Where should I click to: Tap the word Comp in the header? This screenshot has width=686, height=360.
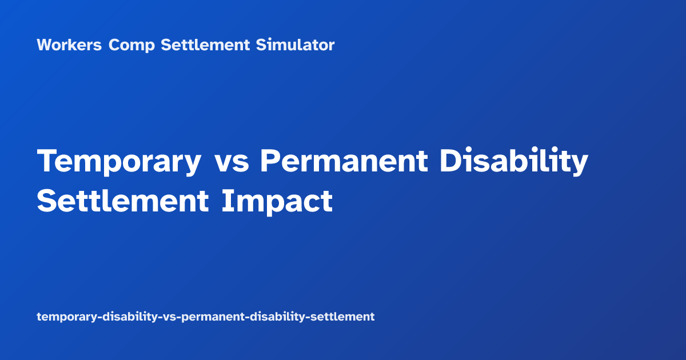pyautogui.click(x=131, y=45)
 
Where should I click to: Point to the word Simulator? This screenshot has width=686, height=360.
pyautogui.click(x=295, y=45)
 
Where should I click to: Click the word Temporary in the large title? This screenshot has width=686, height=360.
pyautogui.click(x=119, y=162)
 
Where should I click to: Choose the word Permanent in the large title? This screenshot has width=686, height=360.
pyautogui.click(x=343, y=162)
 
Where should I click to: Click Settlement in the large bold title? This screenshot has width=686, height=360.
pyautogui.click(x=123, y=201)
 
